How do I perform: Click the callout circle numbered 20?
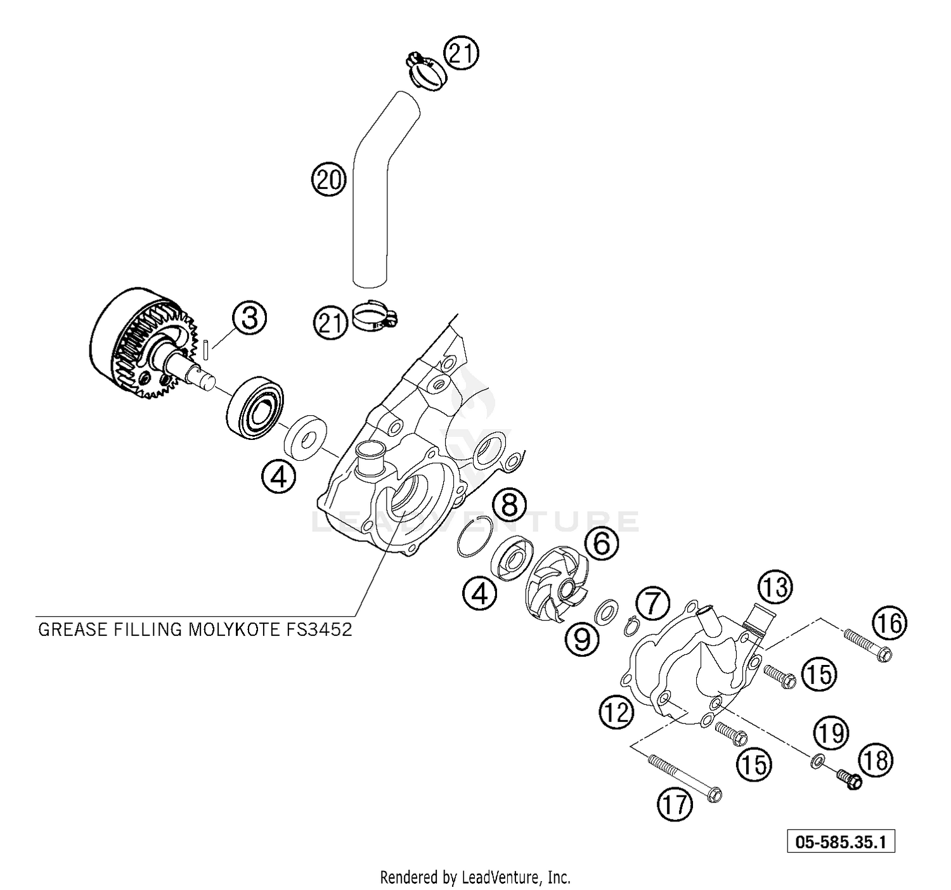[x=328, y=180]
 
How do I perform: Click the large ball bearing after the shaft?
[x=255, y=408]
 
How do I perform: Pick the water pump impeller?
[x=557, y=580]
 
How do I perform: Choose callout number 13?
[x=775, y=588]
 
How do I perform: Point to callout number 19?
[x=831, y=733]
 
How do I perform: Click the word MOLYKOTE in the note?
[x=245, y=629]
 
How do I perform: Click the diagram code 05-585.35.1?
[x=841, y=842]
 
